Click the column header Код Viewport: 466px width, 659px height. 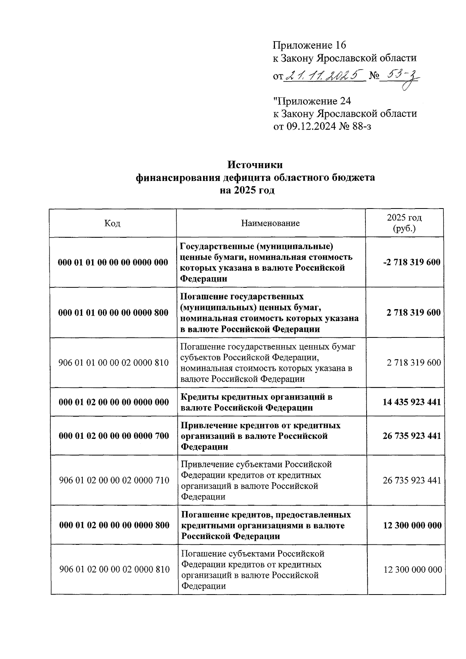pos(112,223)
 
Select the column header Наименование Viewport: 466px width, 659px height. pos(270,223)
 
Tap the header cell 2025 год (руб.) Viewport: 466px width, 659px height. pos(404,223)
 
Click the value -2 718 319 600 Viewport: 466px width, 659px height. pos(411,262)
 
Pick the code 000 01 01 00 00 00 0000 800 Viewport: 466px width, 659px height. pos(113,313)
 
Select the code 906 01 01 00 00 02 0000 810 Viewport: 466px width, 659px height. pos(113,363)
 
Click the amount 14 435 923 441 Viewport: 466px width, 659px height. pos(412,402)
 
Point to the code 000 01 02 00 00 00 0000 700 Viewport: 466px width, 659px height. pos(114,436)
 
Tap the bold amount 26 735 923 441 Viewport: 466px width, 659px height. pos(412,436)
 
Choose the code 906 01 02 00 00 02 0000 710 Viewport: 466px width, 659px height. pos(114,480)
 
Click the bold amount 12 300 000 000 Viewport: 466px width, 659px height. pos(412,525)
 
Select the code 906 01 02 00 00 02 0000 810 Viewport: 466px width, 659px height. pos(114,570)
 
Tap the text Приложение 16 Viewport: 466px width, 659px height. pos(309,45)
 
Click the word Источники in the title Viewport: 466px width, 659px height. pos(255,165)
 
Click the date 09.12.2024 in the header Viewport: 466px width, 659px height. pos(311,126)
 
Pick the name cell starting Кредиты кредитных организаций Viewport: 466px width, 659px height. pos(257,402)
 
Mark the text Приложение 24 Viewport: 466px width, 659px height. pos(312,101)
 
